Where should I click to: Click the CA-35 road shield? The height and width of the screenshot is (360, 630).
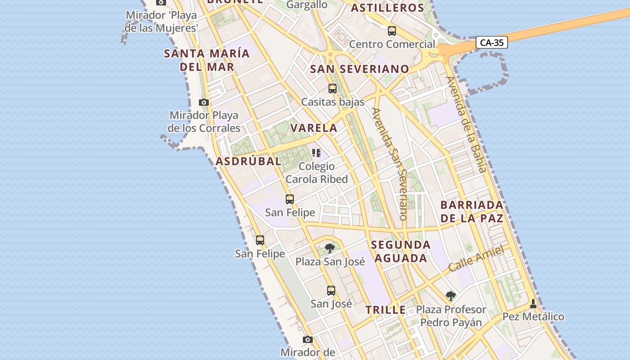492,43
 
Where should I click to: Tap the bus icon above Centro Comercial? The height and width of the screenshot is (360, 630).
392,31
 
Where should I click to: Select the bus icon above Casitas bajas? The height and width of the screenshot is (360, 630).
333,89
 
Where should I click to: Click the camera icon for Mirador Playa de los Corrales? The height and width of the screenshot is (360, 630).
204,103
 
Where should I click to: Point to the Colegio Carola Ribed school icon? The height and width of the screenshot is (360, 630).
316,153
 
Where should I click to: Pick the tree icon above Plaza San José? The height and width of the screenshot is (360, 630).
330,248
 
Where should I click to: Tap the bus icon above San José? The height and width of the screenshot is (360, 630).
331,291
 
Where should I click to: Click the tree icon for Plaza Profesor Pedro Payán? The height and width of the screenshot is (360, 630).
450,296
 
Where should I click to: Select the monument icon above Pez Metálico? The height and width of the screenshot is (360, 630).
533,304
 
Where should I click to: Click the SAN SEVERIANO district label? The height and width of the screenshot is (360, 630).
360,69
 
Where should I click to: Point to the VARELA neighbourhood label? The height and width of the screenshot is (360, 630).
314,128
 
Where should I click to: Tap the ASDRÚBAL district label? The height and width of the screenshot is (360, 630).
248,162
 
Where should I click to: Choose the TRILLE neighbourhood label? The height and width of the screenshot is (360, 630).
385,310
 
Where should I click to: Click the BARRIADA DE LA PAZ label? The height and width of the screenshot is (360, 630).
472,211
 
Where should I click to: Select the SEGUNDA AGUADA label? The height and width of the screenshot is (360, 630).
401,252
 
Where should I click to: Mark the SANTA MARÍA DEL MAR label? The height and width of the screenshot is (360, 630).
207,60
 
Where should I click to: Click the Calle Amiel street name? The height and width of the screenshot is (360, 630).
476,259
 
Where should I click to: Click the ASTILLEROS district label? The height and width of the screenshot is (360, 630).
387,8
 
